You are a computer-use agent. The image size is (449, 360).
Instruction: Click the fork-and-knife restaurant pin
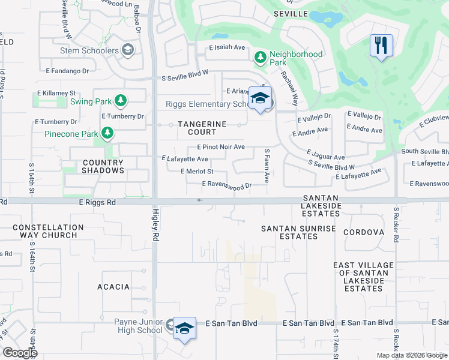pyautogui.click(x=381, y=46)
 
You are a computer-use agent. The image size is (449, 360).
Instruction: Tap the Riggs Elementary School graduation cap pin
pyautogui.click(x=260, y=99)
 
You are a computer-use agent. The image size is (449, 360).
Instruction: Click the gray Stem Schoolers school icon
pyautogui.click(x=127, y=50)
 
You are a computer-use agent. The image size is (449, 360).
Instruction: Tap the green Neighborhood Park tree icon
pyautogui.click(x=261, y=58)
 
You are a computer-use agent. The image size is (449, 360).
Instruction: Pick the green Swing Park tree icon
pyautogui.click(x=121, y=101)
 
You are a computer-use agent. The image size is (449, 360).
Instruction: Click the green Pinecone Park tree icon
pyautogui.click(x=107, y=133)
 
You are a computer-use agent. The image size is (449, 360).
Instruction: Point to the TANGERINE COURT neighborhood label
pyautogui.click(x=192, y=127)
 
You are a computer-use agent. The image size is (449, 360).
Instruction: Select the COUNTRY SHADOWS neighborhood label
pyautogui.click(x=103, y=166)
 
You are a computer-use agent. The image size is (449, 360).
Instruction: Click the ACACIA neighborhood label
pyautogui.click(x=113, y=287)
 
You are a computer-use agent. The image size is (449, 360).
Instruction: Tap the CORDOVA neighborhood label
pyautogui.click(x=364, y=232)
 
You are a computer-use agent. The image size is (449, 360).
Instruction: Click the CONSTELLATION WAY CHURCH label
pyautogui.click(x=48, y=231)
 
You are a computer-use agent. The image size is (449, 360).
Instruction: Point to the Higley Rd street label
pyautogui.click(x=155, y=229)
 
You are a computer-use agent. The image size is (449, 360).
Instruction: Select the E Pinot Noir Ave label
pyautogui.click(x=220, y=147)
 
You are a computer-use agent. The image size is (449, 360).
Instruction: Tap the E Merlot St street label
pyautogui.click(x=197, y=172)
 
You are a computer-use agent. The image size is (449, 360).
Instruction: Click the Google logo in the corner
pyautogui.click(x=20, y=352)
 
